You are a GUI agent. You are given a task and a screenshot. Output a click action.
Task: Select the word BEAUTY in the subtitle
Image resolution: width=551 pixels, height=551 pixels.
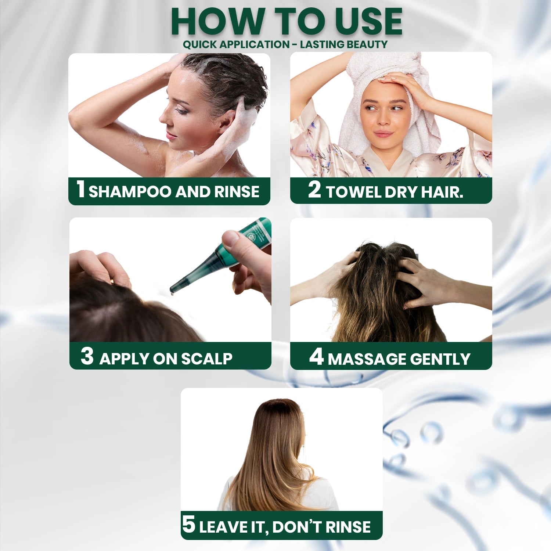[x=367, y=44]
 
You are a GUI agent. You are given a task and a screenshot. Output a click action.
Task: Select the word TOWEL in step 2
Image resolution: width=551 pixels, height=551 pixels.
[x=353, y=192]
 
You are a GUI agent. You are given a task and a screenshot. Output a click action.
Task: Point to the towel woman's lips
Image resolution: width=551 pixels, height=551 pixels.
[x=383, y=133]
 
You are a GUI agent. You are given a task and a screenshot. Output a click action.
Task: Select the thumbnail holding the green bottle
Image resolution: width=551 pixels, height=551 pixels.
[x=231, y=239]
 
